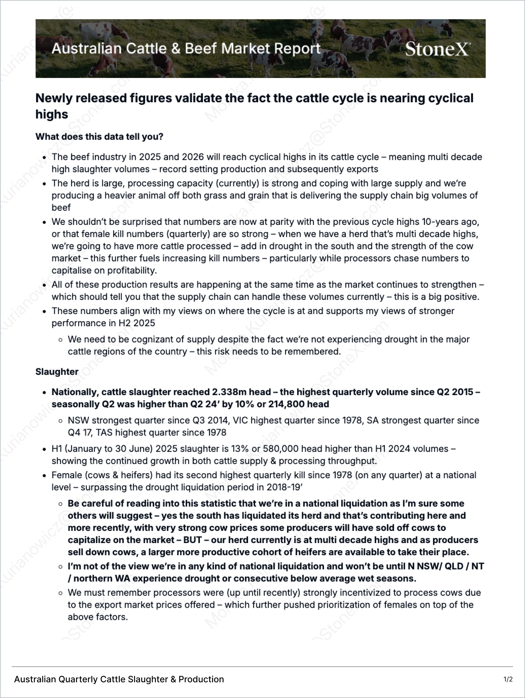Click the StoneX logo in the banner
(437, 49)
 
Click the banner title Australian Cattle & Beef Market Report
(186, 49)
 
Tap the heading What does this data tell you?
(99, 137)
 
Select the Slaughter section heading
(57, 372)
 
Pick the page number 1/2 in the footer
(508, 679)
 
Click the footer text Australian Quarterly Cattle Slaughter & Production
(119, 679)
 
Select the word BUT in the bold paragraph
(192, 540)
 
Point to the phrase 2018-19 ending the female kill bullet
(284, 487)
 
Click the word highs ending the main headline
(51, 114)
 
